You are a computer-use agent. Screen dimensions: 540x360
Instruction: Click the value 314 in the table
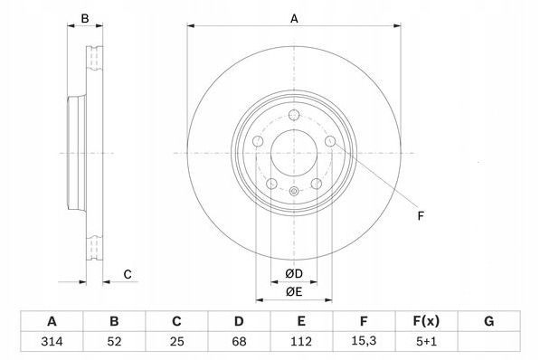pyautogui.click(x=52, y=341)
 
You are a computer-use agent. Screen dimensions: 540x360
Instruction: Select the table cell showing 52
pyautogui.click(x=114, y=341)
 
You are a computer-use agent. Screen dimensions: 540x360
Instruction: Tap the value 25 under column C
pyautogui.click(x=176, y=341)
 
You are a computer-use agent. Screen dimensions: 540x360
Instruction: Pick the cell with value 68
pyautogui.click(x=239, y=341)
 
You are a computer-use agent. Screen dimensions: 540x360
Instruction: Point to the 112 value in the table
pyautogui.click(x=301, y=341)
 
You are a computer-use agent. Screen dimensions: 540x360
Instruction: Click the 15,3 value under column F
pyautogui.click(x=364, y=341)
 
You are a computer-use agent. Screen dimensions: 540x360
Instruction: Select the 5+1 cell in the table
pyautogui.click(x=426, y=341)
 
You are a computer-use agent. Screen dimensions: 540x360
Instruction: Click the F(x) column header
pyautogui.click(x=426, y=321)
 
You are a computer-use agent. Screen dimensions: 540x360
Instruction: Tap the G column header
pyautogui.click(x=489, y=321)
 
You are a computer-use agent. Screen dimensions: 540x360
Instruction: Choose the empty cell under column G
pyautogui.click(x=489, y=341)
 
